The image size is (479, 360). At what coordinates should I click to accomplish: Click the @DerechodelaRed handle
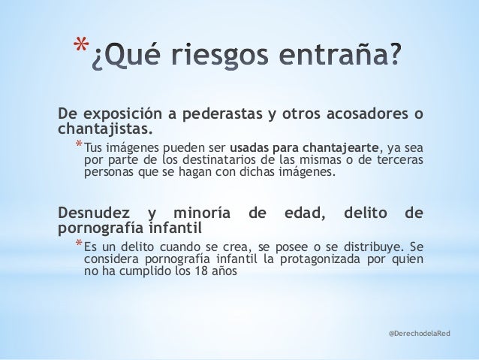(x=420, y=331)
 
